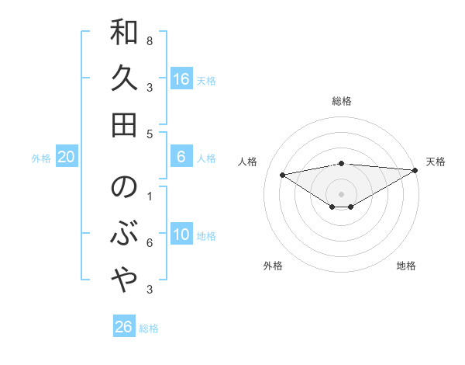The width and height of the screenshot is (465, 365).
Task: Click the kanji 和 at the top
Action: click(125, 33)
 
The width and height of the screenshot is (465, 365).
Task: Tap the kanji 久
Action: click(125, 78)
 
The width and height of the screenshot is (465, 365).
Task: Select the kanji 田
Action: click(125, 123)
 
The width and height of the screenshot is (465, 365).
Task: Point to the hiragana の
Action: click(125, 187)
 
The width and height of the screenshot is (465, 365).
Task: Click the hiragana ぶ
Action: click(125, 233)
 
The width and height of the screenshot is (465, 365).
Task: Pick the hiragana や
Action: click(125, 280)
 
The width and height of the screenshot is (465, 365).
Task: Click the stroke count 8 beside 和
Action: click(150, 40)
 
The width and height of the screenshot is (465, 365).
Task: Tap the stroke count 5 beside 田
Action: click(150, 134)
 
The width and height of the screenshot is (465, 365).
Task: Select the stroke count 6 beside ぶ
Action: click(150, 243)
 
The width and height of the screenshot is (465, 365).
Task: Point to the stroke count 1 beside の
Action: click(150, 196)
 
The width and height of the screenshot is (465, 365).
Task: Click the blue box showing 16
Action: click(181, 79)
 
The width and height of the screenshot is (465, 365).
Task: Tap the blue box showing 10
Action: click(181, 235)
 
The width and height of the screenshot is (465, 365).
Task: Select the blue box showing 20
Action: click(67, 158)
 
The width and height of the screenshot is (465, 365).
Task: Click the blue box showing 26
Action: click(124, 327)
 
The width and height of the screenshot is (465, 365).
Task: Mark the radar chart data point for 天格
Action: click(416, 170)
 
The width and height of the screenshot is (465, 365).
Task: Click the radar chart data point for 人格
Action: click(282, 174)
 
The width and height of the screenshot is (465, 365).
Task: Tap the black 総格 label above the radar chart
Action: click(342, 101)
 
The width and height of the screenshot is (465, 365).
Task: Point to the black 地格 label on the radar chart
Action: click(406, 266)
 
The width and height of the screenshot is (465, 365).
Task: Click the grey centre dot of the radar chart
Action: click(342, 193)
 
